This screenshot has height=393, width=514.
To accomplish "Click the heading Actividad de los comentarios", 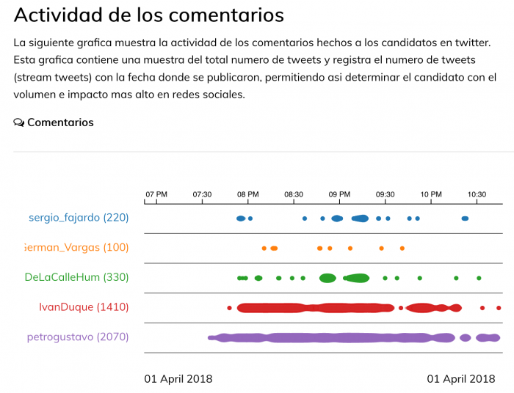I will pyautogui.click(x=148, y=15).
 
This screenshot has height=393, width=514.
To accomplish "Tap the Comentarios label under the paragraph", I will pyautogui.click(x=60, y=122).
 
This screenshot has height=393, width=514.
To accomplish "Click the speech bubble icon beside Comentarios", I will pyautogui.click(x=19, y=122).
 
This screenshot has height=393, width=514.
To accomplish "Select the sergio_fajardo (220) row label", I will pyautogui.click(x=79, y=217).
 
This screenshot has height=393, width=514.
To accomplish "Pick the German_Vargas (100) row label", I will pyautogui.click(x=76, y=247).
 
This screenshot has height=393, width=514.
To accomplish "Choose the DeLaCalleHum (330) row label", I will pyautogui.click(x=76, y=277).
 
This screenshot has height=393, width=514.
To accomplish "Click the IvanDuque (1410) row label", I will pyautogui.click(x=84, y=307).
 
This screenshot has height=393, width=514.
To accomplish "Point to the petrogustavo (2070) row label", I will pyautogui.click(x=78, y=337).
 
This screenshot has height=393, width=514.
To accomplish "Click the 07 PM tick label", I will pyautogui.click(x=156, y=194).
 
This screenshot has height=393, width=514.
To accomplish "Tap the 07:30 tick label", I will pyautogui.click(x=202, y=194).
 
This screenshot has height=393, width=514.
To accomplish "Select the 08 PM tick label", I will pyautogui.click(x=247, y=194).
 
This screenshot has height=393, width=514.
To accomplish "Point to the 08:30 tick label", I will pyautogui.click(x=294, y=194).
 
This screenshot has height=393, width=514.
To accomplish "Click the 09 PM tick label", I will pyautogui.click(x=339, y=194).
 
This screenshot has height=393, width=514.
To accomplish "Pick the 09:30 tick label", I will pyautogui.click(x=385, y=194).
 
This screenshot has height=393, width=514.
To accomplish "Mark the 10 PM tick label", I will pyautogui.click(x=431, y=194).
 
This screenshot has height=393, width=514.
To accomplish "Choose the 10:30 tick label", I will pyautogui.click(x=477, y=194).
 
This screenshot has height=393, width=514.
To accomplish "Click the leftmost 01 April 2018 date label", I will pyautogui.click(x=178, y=379).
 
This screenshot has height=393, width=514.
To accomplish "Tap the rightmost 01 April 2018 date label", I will pyautogui.click(x=461, y=379).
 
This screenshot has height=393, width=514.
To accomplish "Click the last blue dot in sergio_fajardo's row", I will pyautogui.click(x=465, y=218).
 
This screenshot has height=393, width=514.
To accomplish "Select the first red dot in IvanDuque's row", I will pyautogui.click(x=229, y=308).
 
